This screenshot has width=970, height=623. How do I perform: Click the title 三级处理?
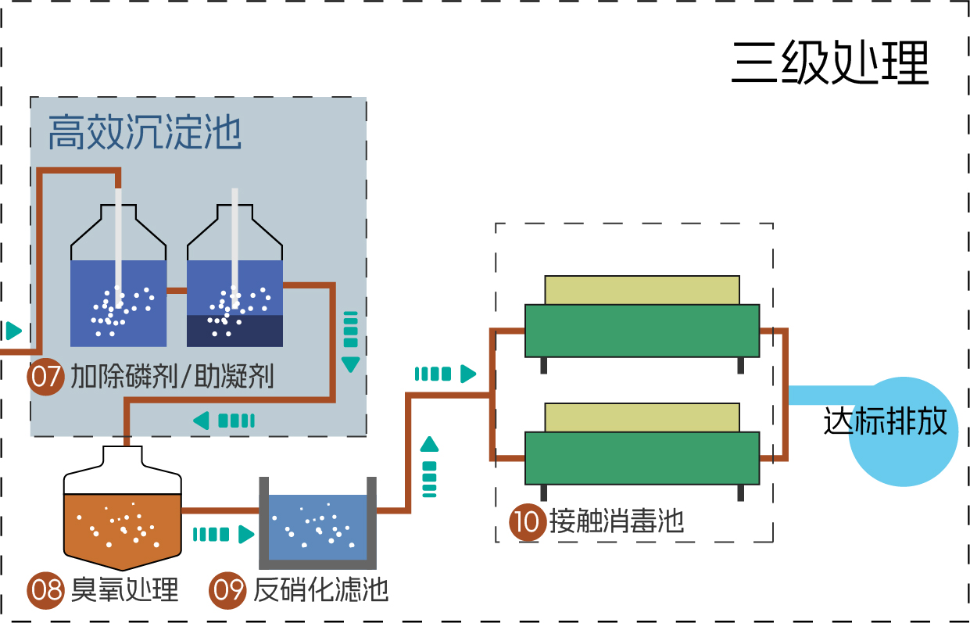pos(830,63)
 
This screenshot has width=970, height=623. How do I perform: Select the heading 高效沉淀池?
pos(145,132)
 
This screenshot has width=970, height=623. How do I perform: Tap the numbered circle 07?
pos(45,378)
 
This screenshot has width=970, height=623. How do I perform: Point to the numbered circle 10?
pos(528,522)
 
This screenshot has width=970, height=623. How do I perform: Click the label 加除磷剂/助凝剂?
pos(172,378)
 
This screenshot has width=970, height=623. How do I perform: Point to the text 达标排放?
pos(885,422)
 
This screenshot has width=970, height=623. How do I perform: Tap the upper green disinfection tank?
pos(641,330)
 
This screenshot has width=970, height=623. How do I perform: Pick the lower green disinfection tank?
pos(641,458)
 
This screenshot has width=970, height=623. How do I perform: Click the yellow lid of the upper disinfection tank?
pos(641,289)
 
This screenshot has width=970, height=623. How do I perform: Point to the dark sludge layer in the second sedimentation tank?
pos(234,331)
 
